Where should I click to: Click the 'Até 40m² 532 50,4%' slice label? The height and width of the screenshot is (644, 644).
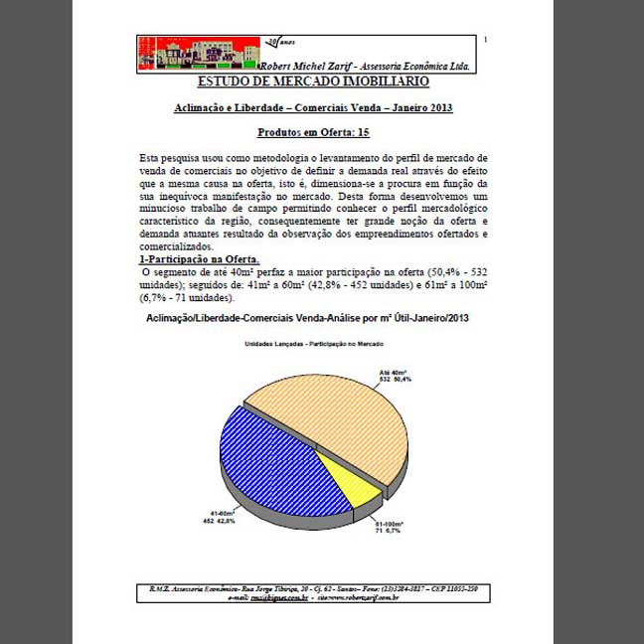coord(395,375)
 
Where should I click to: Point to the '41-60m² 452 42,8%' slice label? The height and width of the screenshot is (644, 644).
coord(219,516)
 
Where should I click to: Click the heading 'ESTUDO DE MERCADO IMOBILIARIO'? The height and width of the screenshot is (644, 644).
coord(313,80)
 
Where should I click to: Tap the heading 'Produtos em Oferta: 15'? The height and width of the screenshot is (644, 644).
coord(313,132)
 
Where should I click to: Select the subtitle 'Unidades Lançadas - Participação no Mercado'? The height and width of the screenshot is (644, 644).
coord(314,344)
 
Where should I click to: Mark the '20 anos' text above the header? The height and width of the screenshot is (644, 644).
coord(280,42)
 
